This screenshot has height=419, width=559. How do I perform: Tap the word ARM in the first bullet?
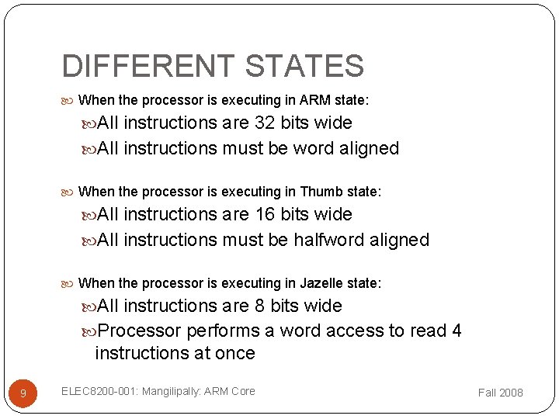point(314,100)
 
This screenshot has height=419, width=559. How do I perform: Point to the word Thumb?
point(318,192)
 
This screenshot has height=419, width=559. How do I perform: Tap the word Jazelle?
point(321,283)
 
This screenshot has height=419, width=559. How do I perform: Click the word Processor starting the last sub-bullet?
point(140,331)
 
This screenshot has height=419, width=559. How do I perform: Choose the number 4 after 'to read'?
point(456,331)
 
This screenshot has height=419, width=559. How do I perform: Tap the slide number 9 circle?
point(23,393)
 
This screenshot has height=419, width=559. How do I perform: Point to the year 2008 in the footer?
point(511,393)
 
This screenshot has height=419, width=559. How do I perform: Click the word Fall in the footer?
point(487,393)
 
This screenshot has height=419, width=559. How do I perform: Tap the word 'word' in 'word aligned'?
point(315,148)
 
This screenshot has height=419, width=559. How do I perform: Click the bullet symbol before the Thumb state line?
point(71,192)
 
